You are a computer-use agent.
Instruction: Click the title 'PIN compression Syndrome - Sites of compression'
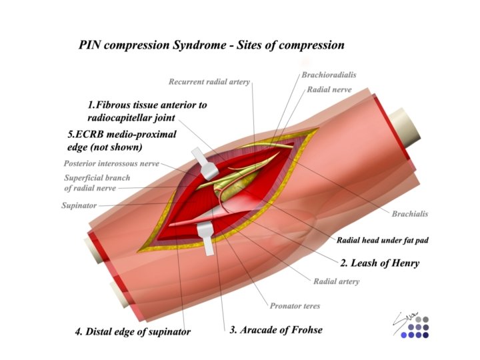[211, 45]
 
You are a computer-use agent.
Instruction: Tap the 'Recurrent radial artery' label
[209, 82]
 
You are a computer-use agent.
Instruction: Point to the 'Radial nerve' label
[329, 89]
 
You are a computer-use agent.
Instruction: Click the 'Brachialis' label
[409, 214]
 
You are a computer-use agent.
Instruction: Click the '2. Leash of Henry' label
[379, 263]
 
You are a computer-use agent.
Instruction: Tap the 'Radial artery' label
[336, 281]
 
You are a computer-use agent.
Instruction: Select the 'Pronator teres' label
[295, 306]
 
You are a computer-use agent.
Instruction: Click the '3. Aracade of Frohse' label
[275, 330]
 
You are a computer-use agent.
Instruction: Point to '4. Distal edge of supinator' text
[133, 332]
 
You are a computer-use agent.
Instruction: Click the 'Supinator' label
[79, 205]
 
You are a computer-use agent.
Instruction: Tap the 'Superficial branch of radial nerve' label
[97, 183]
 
